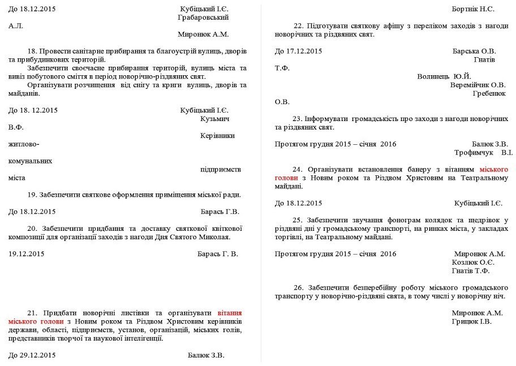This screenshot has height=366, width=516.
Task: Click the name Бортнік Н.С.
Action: coord(473,9)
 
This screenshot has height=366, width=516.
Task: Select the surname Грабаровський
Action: coord(203,18)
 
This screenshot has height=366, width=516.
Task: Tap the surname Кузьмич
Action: coord(215,119)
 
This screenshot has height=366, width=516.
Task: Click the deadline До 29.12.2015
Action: coord(32,355)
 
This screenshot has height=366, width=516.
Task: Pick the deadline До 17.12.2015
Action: coord(298,51)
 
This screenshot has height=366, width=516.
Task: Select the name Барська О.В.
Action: coord(474,51)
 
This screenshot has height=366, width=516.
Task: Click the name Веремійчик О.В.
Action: coord(478,85)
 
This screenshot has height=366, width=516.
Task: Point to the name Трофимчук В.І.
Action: coord(483,153)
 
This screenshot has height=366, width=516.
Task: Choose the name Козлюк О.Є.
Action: coord(474,262)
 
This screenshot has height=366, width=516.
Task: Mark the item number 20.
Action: coord(32,229)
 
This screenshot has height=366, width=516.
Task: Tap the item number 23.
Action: coord(298,119)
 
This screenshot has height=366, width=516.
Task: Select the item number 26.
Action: coord(298,287)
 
